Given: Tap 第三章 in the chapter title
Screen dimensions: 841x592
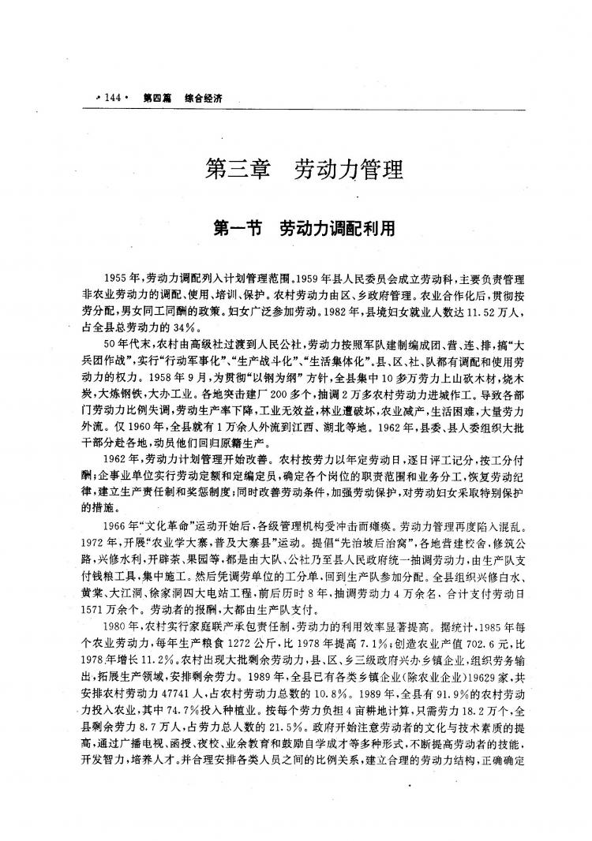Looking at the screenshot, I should [235, 169].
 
